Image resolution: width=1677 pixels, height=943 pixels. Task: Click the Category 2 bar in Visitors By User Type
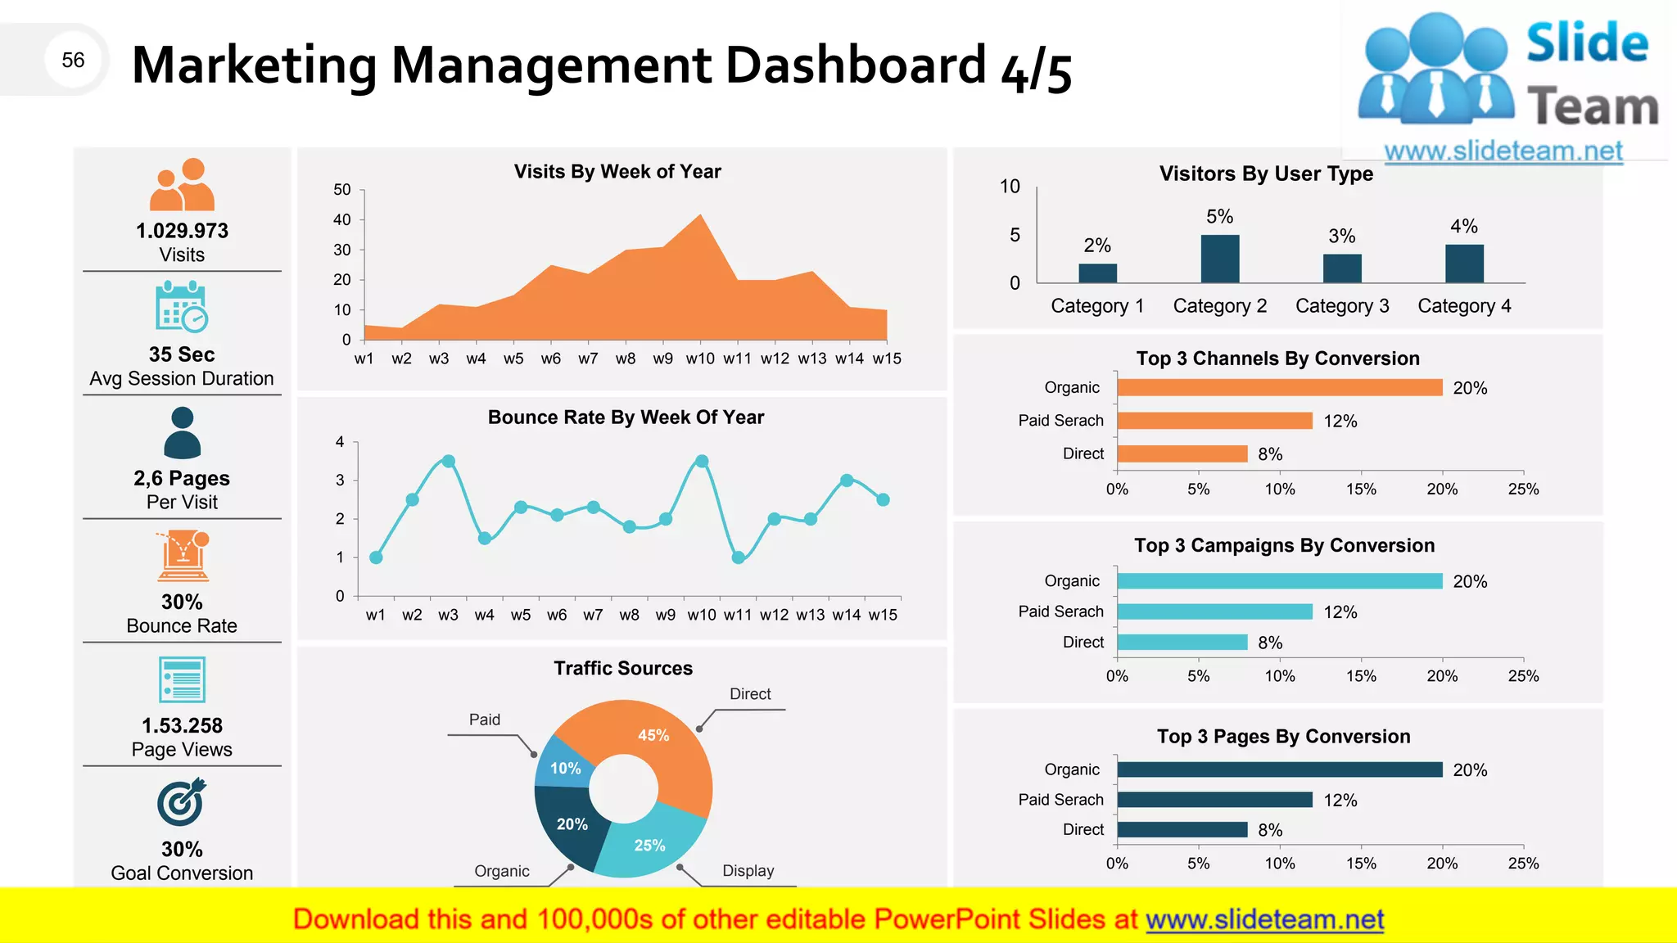(x=1219, y=259)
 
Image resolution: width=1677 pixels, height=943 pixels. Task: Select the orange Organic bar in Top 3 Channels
(x=1279, y=387)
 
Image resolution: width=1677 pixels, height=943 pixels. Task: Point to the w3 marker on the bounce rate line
(x=448, y=462)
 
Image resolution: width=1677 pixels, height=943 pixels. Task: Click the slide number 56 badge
(x=73, y=60)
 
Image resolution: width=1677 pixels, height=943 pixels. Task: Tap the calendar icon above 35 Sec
(x=182, y=307)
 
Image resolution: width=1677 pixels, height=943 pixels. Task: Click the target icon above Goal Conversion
(x=182, y=802)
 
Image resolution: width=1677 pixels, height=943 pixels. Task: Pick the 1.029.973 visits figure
(x=182, y=231)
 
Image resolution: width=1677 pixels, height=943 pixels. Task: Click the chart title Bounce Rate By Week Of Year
(x=626, y=417)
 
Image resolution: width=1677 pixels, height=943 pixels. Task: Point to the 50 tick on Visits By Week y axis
(x=342, y=190)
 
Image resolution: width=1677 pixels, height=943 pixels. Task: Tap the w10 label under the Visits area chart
(x=700, y=359)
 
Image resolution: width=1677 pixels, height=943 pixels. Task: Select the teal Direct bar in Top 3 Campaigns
(x=1182, y=643)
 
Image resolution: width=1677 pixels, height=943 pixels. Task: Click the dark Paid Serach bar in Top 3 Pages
(x=1214, y=800)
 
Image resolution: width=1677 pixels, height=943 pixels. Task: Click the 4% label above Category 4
(x=1464, y=226)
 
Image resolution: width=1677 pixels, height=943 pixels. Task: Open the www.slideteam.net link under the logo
(x=1503, y=151)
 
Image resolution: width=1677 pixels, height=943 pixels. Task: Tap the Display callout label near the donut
(x=748, y=871)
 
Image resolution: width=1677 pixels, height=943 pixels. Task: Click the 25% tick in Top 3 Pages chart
(x=1523, y=864)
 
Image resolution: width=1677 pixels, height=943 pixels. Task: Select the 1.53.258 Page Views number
(x=182, y=725)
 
